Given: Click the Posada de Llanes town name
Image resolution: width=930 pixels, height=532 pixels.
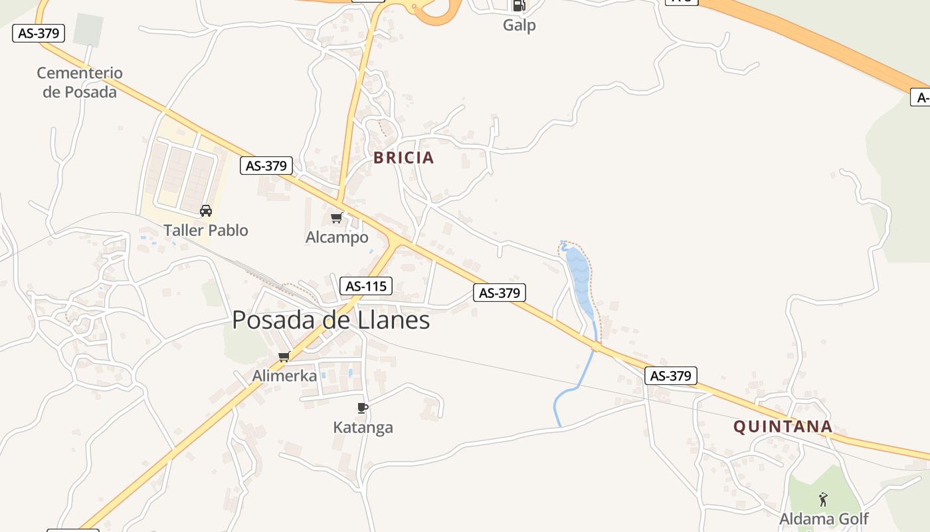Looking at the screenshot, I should tap(331, 321).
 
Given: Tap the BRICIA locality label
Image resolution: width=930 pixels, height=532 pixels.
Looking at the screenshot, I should tap(403, 158).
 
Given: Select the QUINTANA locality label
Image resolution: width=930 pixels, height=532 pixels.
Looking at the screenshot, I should tap(783, 426).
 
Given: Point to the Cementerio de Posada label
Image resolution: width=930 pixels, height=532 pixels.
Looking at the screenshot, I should tap(80, 82).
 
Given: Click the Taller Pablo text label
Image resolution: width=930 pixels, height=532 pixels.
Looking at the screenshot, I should tap(206, 231).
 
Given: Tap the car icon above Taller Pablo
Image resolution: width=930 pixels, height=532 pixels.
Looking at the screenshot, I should tap(206, 211).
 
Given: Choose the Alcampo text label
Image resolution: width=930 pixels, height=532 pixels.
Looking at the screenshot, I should tap(337, 237).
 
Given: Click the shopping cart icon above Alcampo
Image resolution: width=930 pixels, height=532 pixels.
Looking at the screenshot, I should tap(337, 217).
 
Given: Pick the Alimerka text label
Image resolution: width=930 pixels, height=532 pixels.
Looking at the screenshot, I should tap(284, 376).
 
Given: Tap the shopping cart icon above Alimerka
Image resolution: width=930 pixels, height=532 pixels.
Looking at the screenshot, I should tap(284, 356).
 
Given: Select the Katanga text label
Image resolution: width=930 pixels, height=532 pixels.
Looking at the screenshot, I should tap(363, 428).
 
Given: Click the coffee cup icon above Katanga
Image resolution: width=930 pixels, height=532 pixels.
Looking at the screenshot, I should tap(362, 408).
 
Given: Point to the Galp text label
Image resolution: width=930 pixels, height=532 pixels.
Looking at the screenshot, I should tap(519, 25).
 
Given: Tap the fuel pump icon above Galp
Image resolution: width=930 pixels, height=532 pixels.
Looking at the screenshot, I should tap(519, 6).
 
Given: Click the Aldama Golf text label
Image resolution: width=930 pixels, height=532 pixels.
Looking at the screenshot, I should tap(824, 519).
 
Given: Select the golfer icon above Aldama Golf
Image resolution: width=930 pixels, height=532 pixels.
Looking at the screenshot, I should tap(824, 499).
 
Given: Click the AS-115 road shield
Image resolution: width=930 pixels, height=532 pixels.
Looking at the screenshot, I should tap(366, 287).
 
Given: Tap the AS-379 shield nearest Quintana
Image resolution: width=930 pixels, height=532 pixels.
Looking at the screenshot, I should tap(671, 376).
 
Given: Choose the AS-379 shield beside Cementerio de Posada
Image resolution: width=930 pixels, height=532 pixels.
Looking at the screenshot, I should tap(39, 33).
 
